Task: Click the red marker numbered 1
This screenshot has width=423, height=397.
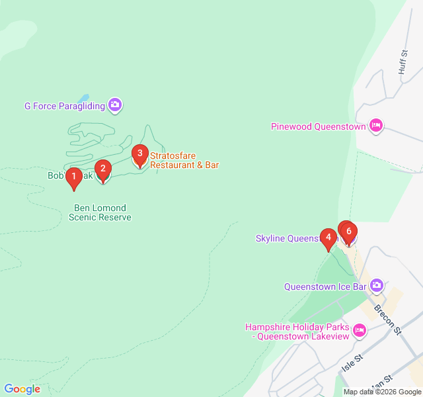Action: point(74,177)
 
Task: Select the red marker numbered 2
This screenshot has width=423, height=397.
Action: point(102,169)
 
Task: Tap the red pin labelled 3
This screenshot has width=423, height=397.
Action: point(139,154)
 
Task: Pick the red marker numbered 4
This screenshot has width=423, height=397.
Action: point(328,238)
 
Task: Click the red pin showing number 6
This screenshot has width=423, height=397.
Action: point(349,232)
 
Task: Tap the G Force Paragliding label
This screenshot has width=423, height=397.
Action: point(65,105)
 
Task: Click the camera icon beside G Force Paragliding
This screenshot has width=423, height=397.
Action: point(116,105)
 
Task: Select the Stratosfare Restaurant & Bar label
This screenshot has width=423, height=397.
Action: point(184,160)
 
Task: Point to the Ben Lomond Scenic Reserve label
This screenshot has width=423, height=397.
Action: point(100,212)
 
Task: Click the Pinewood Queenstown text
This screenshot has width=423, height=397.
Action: point(319,126)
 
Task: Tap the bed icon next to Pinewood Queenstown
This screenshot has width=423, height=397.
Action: point(375,126)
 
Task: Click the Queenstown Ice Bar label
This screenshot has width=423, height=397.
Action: point(325,287)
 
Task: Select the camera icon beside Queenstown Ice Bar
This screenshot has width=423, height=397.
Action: point(376,286)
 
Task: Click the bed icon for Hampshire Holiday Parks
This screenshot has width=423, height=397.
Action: point(360,330)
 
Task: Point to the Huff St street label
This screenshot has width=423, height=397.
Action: point(403,62)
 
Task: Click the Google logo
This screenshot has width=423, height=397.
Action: point(22,389)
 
